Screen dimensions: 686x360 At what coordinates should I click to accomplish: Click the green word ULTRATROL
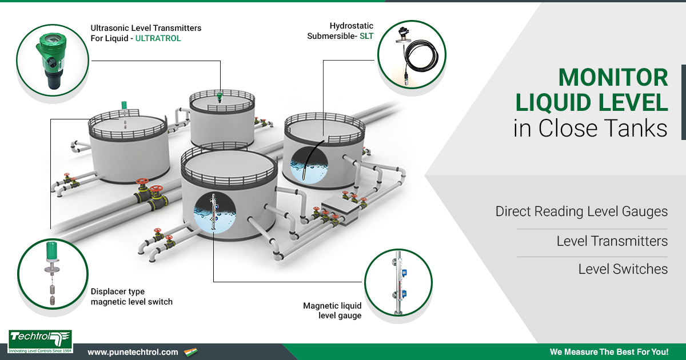tap(158, 38)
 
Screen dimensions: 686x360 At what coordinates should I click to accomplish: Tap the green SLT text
tap(366, 36)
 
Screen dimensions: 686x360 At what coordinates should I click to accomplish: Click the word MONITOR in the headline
tap(613, 78)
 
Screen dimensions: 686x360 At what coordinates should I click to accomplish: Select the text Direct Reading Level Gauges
tap(581, 211)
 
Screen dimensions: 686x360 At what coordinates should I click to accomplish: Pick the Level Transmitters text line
tap(612, 241)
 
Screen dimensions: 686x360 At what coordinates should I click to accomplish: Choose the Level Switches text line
tap(623, 269)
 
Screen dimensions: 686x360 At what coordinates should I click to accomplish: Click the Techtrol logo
tap(40, 341)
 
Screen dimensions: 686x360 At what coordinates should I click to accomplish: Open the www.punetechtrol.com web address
tap(133, 352)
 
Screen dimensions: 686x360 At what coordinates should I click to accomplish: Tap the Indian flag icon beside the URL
tap(190, 352)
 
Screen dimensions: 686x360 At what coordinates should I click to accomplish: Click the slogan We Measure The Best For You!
tap(609, 352)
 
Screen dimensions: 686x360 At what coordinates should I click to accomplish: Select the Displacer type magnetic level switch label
tap(131, 297)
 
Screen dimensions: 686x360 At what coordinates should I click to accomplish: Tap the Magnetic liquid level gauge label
tap(332, 310)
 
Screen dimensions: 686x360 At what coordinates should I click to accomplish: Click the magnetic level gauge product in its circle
tap(398, 282)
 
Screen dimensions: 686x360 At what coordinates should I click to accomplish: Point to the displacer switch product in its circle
tap(53, 273)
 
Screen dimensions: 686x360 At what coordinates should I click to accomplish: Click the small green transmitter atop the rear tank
tap(220, 97)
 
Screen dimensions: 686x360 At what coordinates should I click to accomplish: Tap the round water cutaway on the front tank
tap(215, 213)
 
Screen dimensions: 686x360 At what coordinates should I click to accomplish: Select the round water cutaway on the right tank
tap(309, 165)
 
